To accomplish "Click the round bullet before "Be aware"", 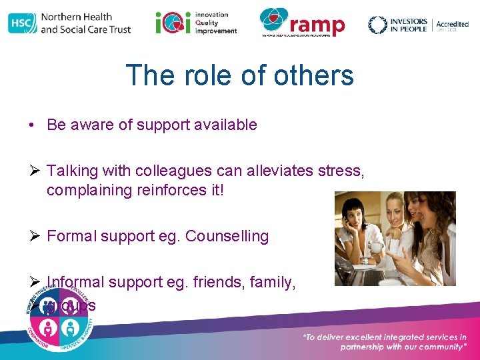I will click(x=31, y=125).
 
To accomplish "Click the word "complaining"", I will click(x=89, y=190).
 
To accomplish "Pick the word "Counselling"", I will click(x=227, y=236).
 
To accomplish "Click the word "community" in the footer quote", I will click(x=435, y=347).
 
